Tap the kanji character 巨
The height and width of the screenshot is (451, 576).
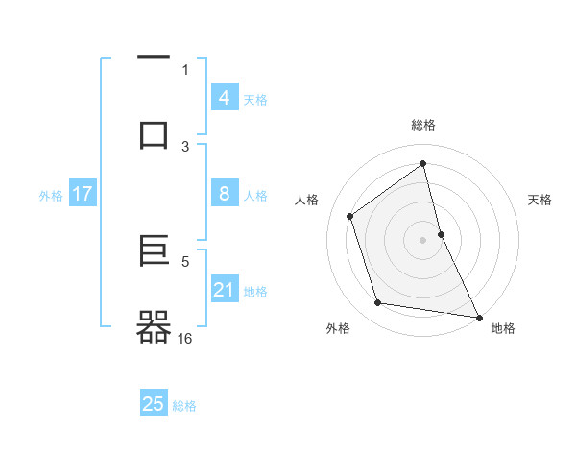pyautogui.click(x=154, y=250)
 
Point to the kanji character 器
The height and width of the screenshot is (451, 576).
pyautogui.click(x=154, y=327)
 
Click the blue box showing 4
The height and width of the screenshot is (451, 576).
pyautogui.click(x=224, y=98)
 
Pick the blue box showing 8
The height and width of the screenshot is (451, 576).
pyautogui.click(x=224, y=194)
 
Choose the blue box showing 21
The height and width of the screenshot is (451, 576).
pyautogui.click(x=224, y=290)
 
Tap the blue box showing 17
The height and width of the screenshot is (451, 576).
pyautogui.click(x=82, y=194)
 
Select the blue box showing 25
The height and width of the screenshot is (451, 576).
pyautogui.click(x=154, y=404)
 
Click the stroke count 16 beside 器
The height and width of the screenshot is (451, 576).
pyautogui.click(x=185, y=339)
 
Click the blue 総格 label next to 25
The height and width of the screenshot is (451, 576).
pyautogui.click(x=184, y=406)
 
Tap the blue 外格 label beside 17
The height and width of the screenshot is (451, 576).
pyautogui.click(x=51, y=196)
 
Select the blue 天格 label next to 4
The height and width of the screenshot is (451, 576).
pyautogui.click(x=255, y=100)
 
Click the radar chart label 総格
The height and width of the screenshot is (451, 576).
pyautogui.click(x=423, y=125)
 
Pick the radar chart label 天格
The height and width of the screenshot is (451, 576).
pyautogui.click(x=540, y=200)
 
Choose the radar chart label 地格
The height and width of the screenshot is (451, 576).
pyautogui.click(x=503, y=328)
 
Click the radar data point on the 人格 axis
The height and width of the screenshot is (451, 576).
pyautogui.click(x=349, y=216)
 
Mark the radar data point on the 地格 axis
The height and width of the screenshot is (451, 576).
pyautogui.click(x=478, y=317)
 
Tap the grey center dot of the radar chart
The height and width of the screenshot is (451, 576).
pyautogui.click(x=423, y=240)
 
